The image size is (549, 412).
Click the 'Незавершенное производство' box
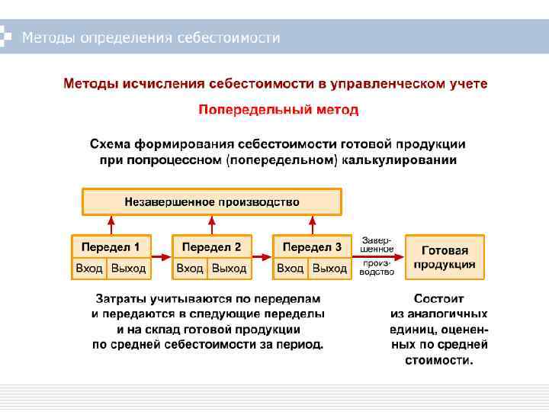(x=212, y=202)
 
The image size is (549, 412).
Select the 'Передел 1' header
(x=111, y=247)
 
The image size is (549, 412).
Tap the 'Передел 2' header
(x=211, y=247)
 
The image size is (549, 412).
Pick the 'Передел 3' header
(x=312, y=247)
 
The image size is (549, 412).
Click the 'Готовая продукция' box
(x=445, y=256)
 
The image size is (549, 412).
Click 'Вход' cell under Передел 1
(x=89, y=269)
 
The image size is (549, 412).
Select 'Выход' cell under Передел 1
(x=128, y=269)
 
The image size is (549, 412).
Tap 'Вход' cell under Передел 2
(x=190, y=269)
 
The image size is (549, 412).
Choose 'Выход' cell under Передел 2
(x=229, y=269)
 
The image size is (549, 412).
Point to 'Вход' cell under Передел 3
(x=291, y=269)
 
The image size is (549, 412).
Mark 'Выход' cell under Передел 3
(x=329, y=269)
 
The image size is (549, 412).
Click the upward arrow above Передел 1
(x=111, y=225)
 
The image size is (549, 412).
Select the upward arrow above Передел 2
(x=211, y=225)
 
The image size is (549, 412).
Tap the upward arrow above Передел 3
(x=312, y=225)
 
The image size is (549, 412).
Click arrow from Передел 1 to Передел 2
(x=162, y=257)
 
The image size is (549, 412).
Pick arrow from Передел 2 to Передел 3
(x=262, y=257)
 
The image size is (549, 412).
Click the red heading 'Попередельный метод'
(x=278, y=110)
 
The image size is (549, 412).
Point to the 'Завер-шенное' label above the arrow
(x=377, y=244)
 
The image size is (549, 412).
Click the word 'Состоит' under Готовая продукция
(x=439, y=299)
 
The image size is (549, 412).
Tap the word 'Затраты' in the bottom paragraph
(x=121, y=299)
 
